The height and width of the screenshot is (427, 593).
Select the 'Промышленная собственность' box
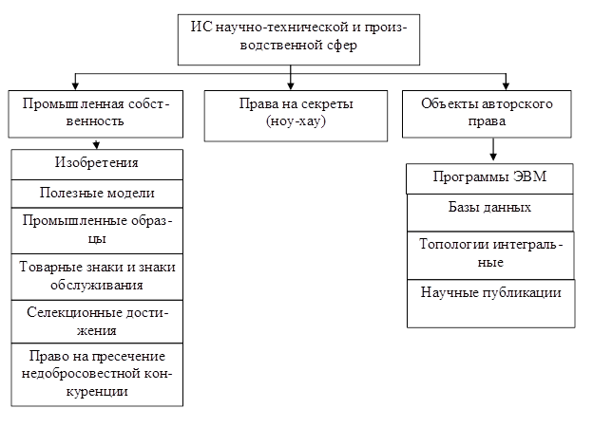coord(97,113)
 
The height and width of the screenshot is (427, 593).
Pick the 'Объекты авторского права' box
coord(493,113)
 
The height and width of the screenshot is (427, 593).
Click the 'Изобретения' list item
coord(97,164)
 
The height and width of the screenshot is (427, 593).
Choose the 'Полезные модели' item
coord(97,193)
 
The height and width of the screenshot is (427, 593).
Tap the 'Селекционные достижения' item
coord(97,322)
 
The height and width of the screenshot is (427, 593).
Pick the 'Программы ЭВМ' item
coord(490,178)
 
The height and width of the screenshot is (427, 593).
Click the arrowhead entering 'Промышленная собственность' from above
coord(75,85)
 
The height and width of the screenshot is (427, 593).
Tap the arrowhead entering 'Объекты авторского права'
coord(507,85)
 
